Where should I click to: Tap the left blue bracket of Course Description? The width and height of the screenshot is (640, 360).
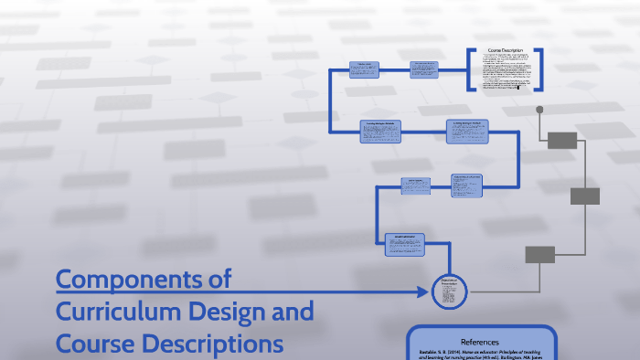[472, 70]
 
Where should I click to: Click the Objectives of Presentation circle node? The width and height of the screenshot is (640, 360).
[448, 291]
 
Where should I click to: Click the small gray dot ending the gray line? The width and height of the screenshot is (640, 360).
[539, 110]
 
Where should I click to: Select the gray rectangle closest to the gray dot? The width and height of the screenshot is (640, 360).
[562, 140]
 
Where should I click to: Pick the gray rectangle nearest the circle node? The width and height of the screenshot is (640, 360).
[539, 254]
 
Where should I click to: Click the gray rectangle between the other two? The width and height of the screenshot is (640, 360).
[584, 196]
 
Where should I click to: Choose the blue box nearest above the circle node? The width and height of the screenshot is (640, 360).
[406, 238]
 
